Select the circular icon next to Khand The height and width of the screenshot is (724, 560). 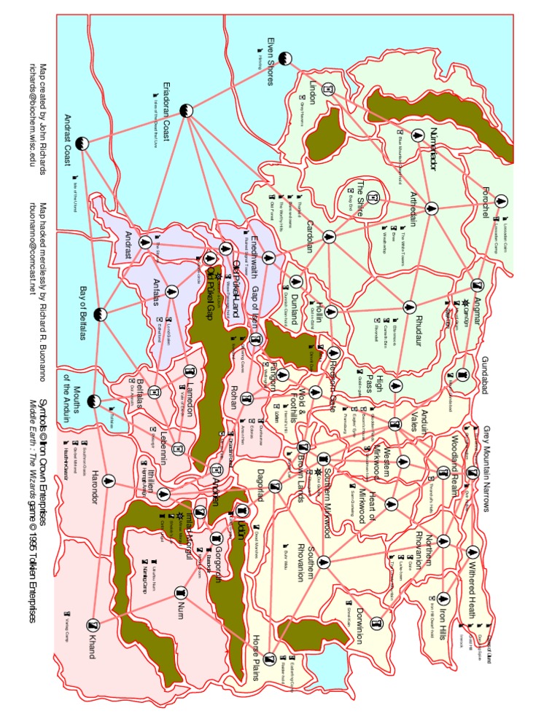click(x=92, y=625)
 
